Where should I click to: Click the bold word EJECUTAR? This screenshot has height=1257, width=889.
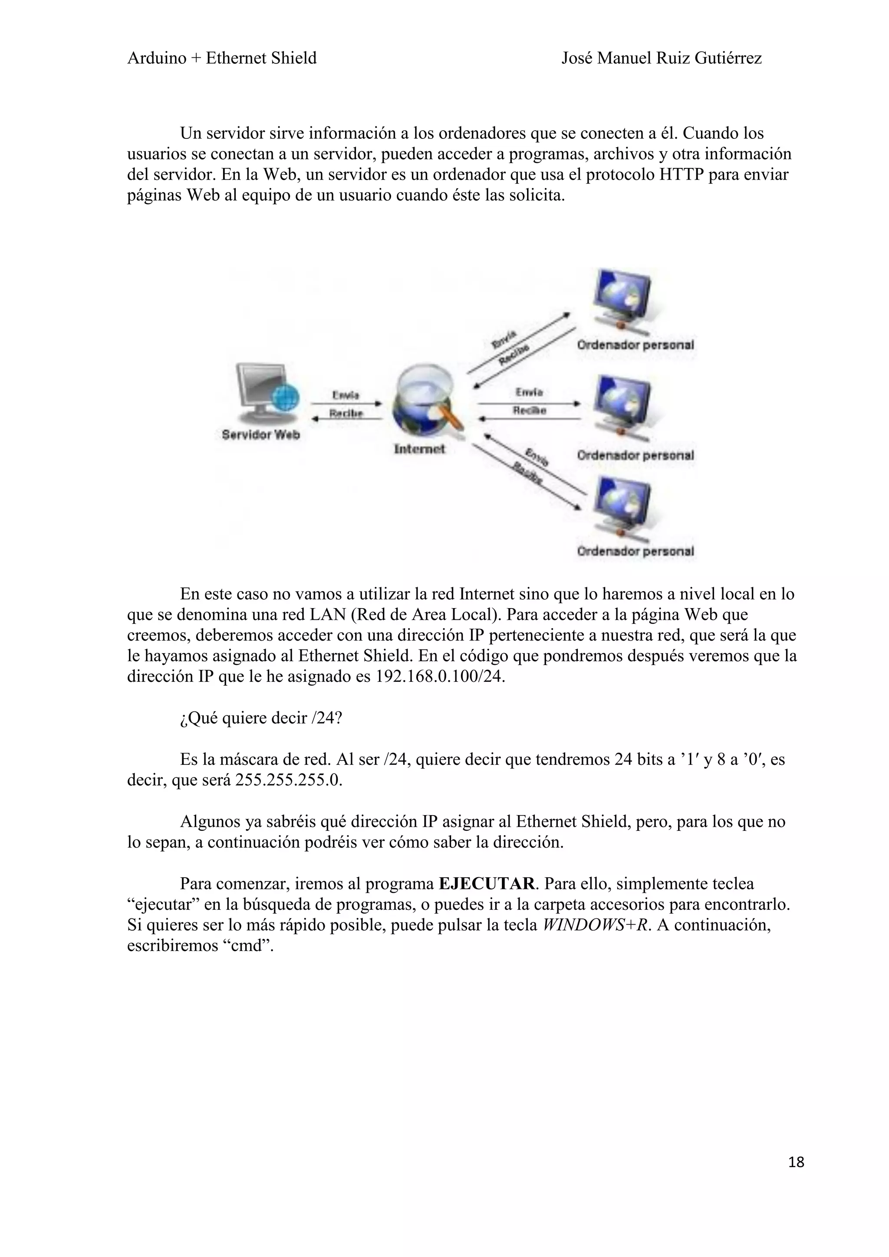pyautogui.click(x=486, y=884)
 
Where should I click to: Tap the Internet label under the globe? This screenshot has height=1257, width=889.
pyautogui.click(x=419, y=449)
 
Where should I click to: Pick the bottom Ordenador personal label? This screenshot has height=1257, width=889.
pyautogui.click(x=635, y=551)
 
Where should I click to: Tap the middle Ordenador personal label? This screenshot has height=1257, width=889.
pyautogui.click(x=635, y=455)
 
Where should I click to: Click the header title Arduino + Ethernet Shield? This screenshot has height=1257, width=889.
pyautogui.click(x=222, y=58)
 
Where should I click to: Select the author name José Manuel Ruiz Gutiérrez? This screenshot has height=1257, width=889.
pyautogui.click(x=661, y=58)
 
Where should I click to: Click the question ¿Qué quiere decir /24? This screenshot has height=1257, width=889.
pyautogui.click(x=260, y=718)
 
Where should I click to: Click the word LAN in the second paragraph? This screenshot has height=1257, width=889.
pyautogui.click(x=327, y=615)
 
